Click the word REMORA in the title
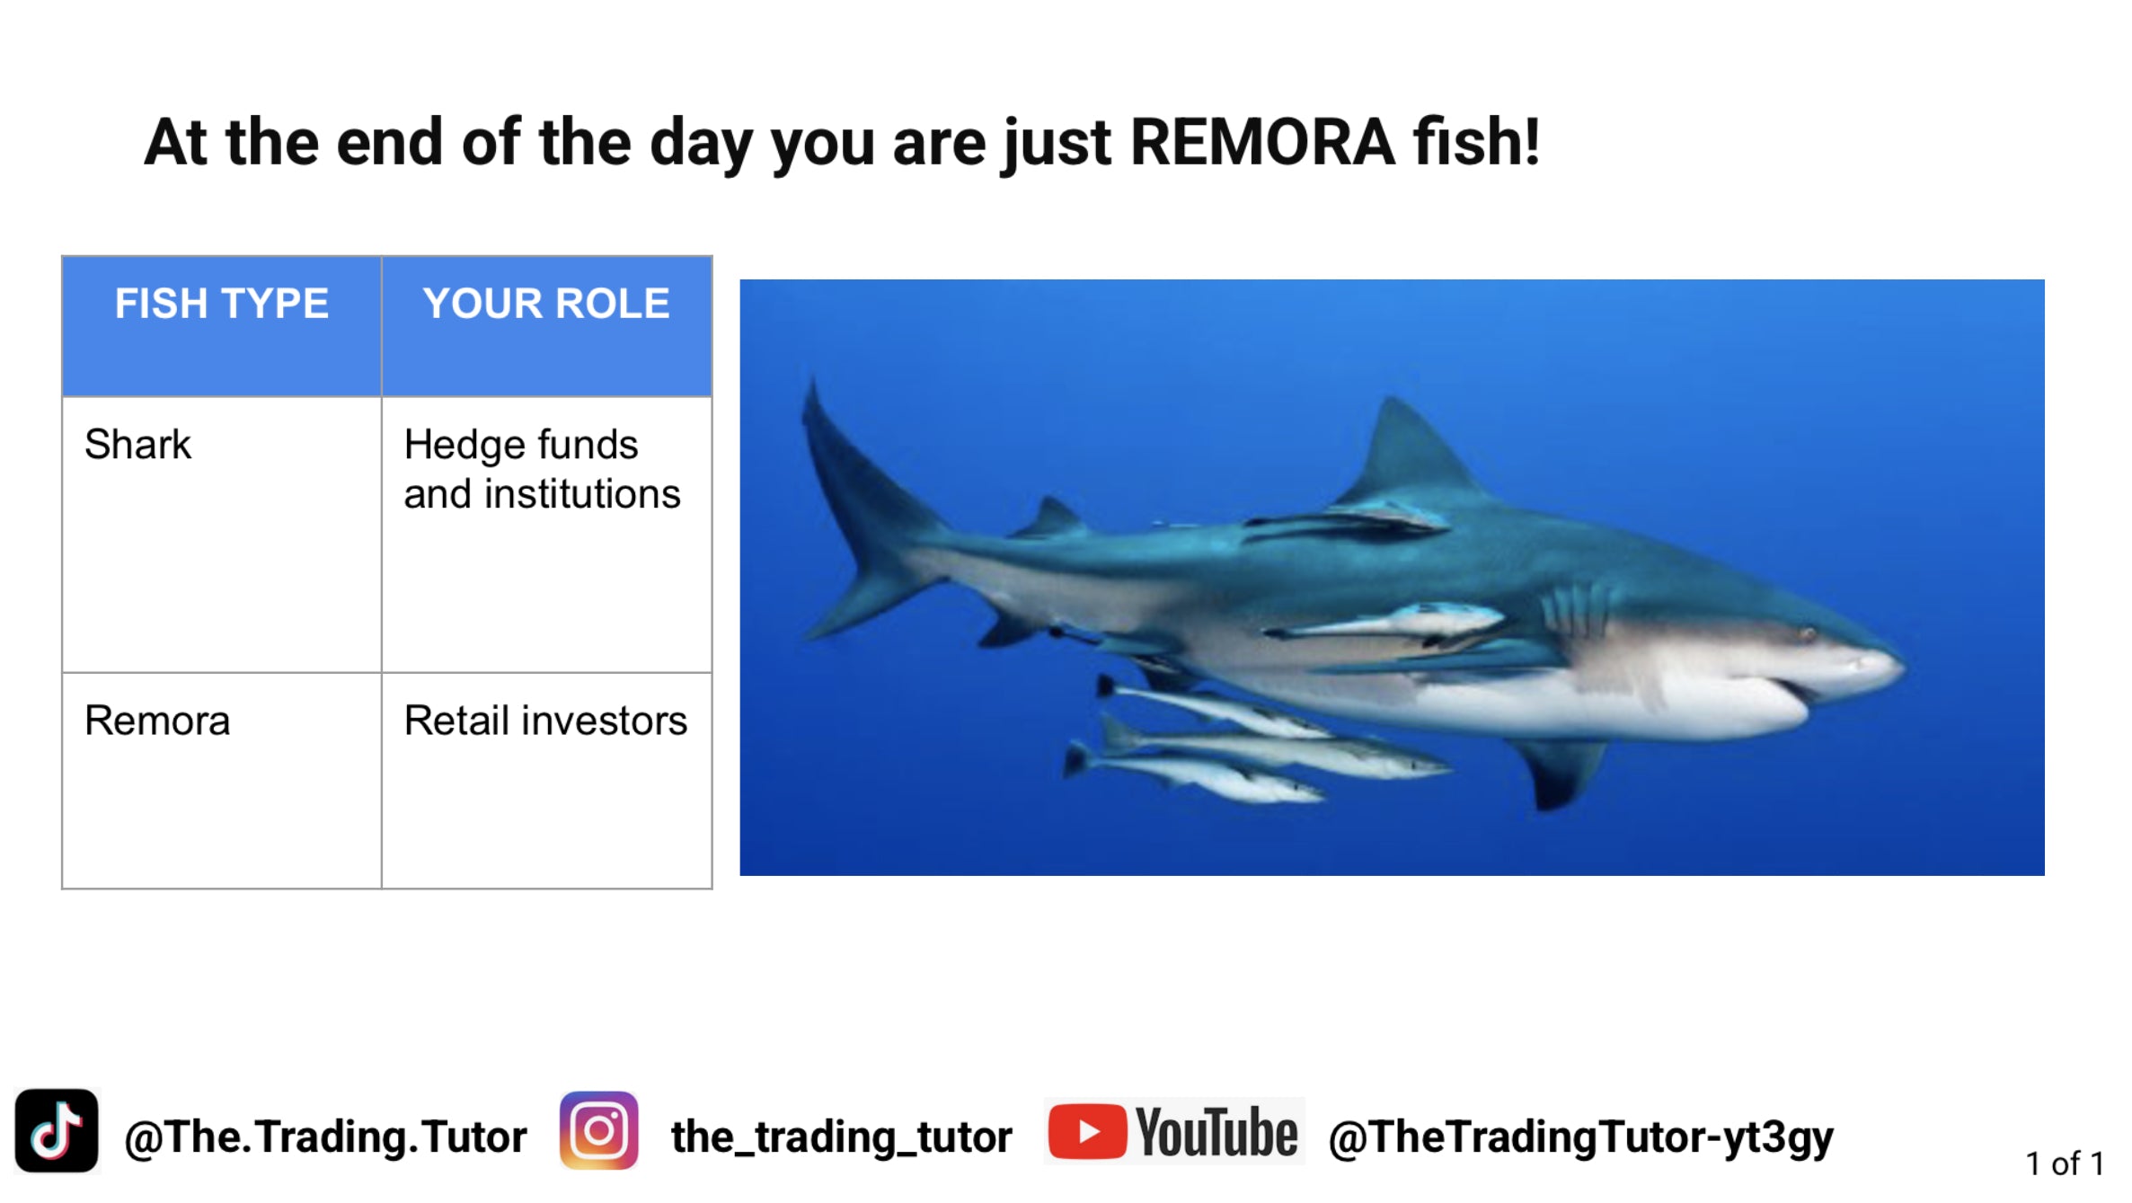pyautogui.click(x=1262, y=143)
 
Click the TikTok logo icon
pyautogui.click(x=57, y=1131)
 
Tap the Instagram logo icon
pyautogui.click(x=599, y=1131)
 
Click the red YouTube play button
pyautogui.click(x=1087, y=1132)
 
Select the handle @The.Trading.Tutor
pyautogui.click(x=325, y=1137)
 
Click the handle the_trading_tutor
pyautogui.click(x=842, y=1137)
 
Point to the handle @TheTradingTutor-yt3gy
pyautogui.click(x=1581, y=1137)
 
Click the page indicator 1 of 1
pyautogui.click(x=2065, y=1164)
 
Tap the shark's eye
pyautogui.click(x=1808, y=634)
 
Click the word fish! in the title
pyautogui.click(x=1477, y=143)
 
